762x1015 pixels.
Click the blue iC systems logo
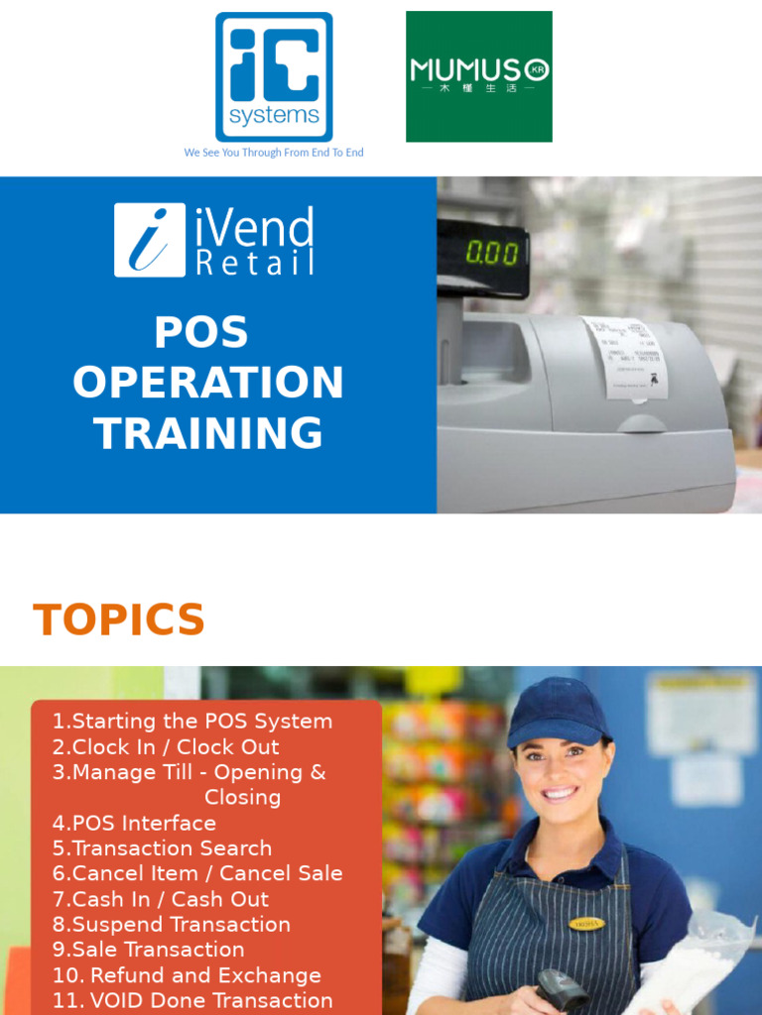tap(274, 76)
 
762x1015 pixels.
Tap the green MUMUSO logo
tap(479, 76)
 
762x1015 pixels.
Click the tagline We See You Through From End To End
tap(274, 153)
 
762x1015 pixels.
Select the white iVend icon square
tap(149, 240)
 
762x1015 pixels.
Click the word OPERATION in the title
tap(208, 384)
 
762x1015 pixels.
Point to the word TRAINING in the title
tap(208, 434)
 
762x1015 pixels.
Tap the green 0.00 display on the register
tap(492, 254)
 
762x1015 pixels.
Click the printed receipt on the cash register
tap(624, 357)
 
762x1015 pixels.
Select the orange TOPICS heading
tap(119, 620)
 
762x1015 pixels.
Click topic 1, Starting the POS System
tap(192, 722)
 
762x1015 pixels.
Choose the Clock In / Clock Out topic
tap(166, 747)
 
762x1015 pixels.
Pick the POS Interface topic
tap(134, 824)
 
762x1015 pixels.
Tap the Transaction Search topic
tap(162, 848)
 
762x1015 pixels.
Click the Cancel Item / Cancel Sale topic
tap(197, 874)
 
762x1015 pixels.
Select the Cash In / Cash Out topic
tap(161, 899)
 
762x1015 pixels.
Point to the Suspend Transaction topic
tap(172, 925)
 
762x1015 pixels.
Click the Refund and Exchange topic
tap(187, 975)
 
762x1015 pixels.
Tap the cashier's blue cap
tap(558, 712)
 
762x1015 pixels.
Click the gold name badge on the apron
tap(586, 924)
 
